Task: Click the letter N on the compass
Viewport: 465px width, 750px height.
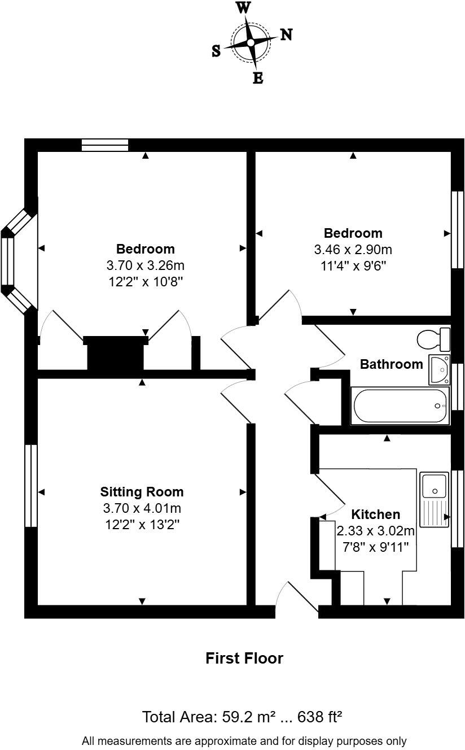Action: click(x=286, y=35)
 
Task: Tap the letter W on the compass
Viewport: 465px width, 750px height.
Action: click(x=243, y=7)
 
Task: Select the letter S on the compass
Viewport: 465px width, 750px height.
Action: click(x=216, y=51)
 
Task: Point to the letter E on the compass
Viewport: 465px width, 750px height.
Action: click(x=258, y=79)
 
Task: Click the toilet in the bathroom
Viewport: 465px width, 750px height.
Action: click(x=433, y=339)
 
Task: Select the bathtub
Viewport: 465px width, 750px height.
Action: click(x=400, y=405)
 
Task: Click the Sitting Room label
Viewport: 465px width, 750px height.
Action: click(x=142, y=491)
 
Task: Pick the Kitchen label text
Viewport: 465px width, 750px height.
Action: click(x=375, y=514)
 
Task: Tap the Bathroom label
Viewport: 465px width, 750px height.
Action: click(x=391, y=364)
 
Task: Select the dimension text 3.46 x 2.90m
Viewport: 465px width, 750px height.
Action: click(x=353, y=249)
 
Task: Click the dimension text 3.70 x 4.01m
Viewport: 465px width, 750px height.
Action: click(x=142, y=508)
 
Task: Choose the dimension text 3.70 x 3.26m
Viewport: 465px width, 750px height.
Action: click(x=145, y=265)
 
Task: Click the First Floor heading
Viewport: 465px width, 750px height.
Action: click(x=244, y=658)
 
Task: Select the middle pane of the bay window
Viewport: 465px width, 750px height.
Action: click(x=7, y=261)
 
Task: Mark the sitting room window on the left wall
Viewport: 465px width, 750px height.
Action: click(x=30, y=486)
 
